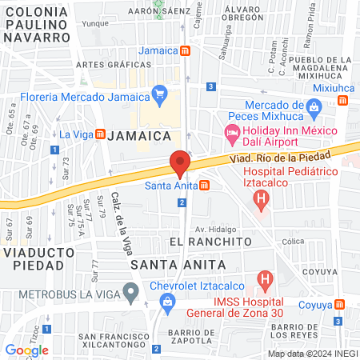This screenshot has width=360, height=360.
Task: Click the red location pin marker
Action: [x=180, y=164]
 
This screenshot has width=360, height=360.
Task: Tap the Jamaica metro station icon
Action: [x=186, y=50]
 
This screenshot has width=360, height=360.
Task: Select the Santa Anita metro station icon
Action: [x=206, y=186]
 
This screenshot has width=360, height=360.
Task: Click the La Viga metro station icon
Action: [x=100, y=133]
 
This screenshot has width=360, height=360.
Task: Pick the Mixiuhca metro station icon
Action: [x=343, y=101]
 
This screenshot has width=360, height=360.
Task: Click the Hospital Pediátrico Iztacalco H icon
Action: [x=265, y=217]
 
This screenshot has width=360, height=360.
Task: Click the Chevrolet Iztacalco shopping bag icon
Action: [x=166, y=301]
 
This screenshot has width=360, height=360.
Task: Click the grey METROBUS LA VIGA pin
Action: [x=130, y=292]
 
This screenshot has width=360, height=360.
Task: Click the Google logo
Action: [x=26, y=350]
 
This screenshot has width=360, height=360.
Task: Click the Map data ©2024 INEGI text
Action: [x=311, y=354]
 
